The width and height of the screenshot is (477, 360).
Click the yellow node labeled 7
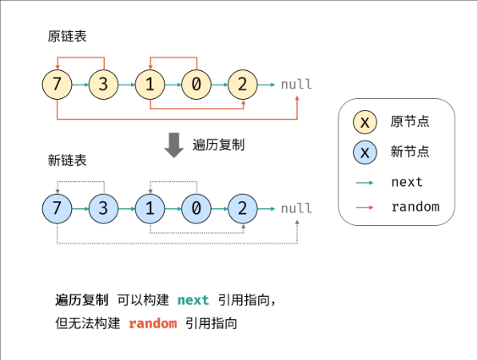58,85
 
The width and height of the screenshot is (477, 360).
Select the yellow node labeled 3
103,85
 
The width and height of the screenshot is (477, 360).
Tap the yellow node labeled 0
197,85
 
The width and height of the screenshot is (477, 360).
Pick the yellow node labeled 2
242,85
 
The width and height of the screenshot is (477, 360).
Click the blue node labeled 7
58,208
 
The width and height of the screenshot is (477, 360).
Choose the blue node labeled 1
150,208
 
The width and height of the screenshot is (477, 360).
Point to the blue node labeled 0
197,208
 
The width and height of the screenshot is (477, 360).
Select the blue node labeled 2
242,208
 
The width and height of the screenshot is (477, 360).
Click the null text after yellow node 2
296,84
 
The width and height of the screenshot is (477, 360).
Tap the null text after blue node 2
296,208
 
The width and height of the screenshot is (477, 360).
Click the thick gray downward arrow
174,145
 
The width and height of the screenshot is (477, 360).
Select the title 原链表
67,37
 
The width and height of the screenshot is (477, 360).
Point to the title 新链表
67,160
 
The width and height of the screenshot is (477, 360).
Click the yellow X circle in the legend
365,122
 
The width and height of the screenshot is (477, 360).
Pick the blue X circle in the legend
365,152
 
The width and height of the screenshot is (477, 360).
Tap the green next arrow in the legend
364,183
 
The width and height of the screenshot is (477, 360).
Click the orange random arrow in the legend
364,208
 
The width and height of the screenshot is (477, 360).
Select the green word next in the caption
193,300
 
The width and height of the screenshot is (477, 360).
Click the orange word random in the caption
153,323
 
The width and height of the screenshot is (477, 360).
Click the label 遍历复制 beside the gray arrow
218,144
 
